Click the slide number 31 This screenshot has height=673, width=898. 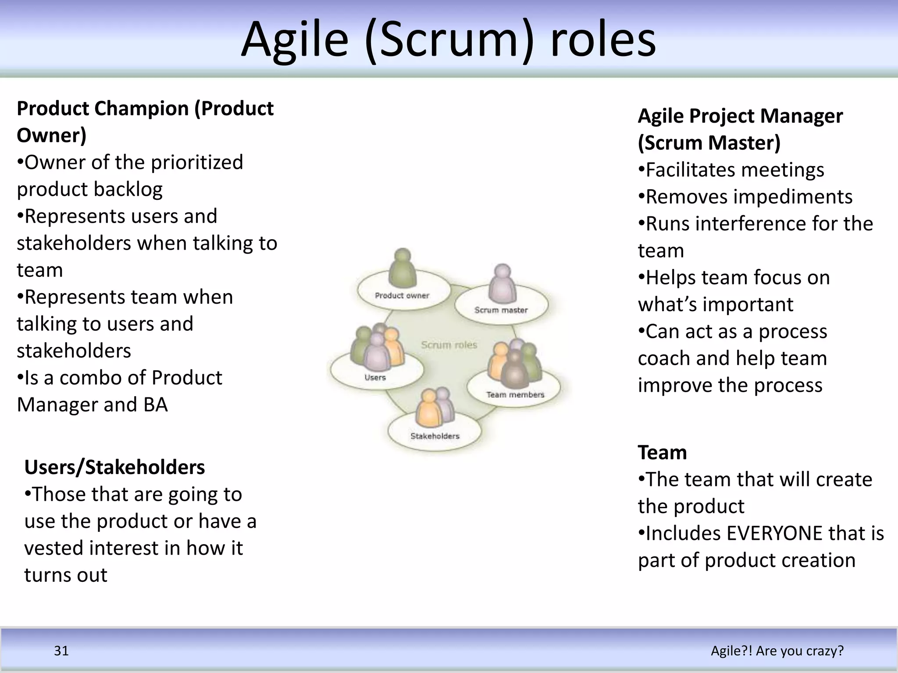(61, 651)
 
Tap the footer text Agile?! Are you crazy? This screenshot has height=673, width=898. (777, 651)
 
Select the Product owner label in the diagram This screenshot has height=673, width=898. (402, 296)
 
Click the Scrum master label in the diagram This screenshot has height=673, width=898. (501, 310)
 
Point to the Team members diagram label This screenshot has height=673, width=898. (515, 395)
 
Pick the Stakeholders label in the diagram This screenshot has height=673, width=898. (435, 436)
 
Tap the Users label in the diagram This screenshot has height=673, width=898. (375, 377)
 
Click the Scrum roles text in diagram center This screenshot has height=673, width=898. (449, 345)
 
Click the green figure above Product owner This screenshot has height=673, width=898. (402, 268)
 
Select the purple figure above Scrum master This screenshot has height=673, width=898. (502, 283)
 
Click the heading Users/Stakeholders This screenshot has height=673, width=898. (114, 467)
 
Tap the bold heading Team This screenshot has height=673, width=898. (662, 452)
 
